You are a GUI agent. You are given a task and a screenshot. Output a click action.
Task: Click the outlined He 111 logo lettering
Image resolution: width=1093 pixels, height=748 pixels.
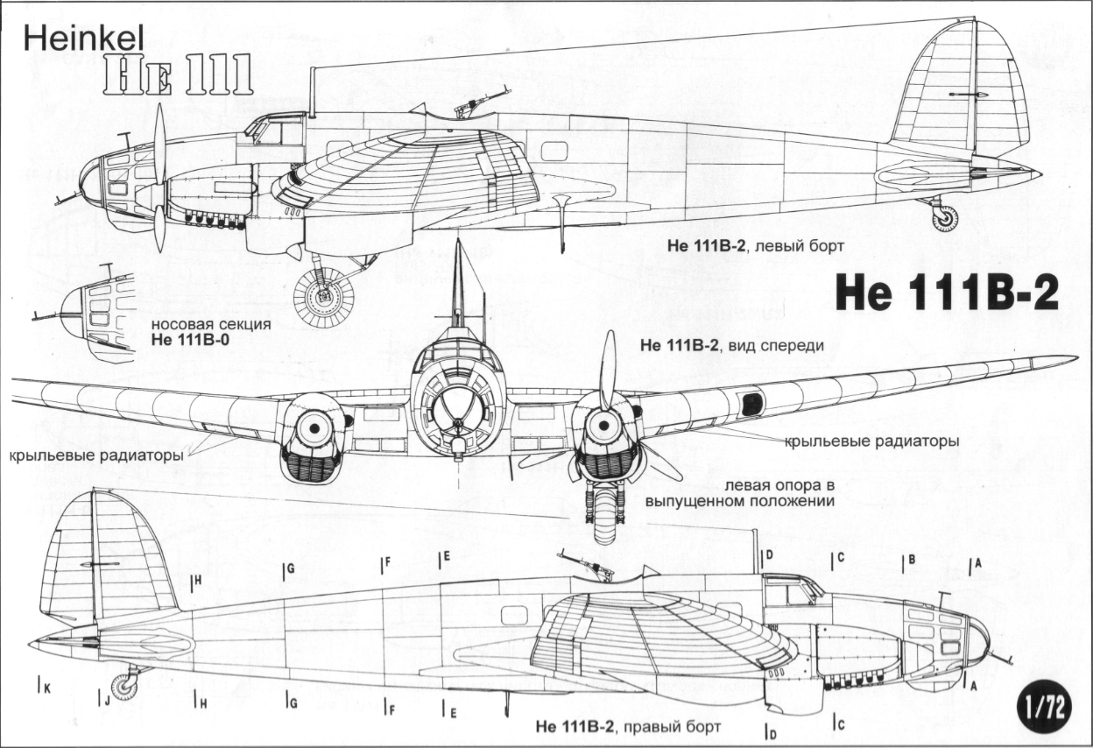click(178, 75)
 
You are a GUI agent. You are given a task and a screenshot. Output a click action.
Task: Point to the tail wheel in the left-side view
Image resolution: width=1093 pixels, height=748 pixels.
click(945, 219)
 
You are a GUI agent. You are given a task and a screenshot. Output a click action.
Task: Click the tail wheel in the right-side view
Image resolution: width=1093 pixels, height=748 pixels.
click(124, 688)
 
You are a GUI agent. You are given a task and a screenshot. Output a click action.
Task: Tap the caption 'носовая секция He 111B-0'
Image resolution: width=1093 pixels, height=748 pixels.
click(211, 332)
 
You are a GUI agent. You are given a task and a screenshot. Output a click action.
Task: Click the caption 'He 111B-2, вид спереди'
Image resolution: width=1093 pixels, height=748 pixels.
click(732, 345)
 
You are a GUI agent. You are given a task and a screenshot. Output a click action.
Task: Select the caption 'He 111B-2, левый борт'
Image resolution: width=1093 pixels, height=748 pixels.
click(756, 246)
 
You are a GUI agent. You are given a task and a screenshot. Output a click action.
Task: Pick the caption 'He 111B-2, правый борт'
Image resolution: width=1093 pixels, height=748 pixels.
click(628, 726)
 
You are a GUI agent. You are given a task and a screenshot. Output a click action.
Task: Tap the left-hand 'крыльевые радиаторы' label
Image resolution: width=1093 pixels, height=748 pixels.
click(96, 455)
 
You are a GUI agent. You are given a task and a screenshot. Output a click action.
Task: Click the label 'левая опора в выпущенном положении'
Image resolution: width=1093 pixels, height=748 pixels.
click(739, 493)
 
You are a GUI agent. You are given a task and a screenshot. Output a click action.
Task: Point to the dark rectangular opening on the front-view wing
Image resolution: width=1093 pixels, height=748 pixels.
click(752, 404)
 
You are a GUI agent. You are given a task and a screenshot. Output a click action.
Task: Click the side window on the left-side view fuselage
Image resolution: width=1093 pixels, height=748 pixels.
click(554, 152)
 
